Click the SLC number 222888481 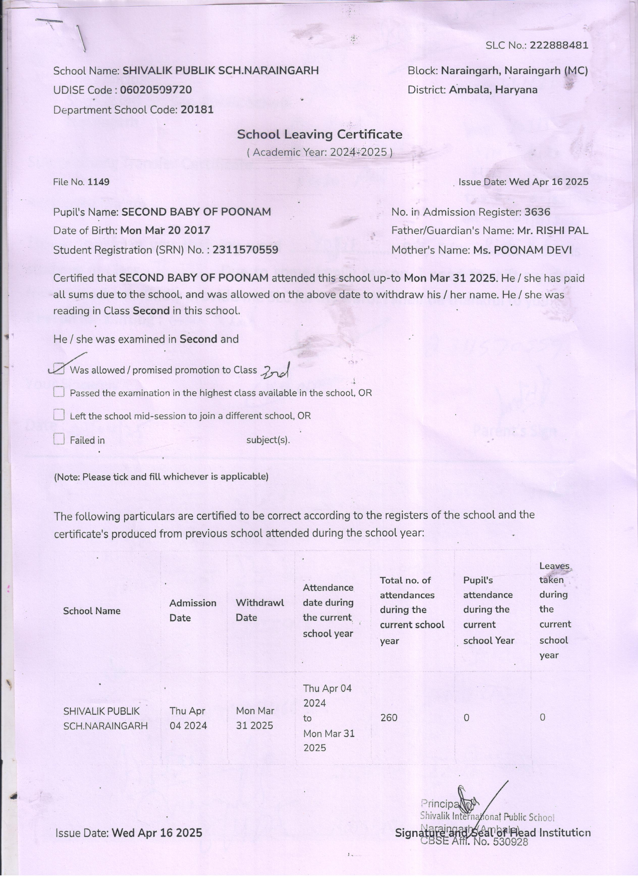[x=559, y=45]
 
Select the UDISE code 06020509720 [x=156, y=90]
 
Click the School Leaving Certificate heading [x=320, y=134]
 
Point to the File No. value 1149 [x=98, y=182]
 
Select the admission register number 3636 [x=537, y=212]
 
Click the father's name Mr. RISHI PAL [x=552, y=230]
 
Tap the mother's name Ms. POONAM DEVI [x=522, y=250]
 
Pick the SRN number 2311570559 [x=246, y=250]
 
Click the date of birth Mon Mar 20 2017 [x=165, y=230]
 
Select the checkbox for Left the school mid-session [x=59, y=415]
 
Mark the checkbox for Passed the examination [x=59, y=392]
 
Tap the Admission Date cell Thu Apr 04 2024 [x=188, y=718]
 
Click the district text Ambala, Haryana [x=493, y=90]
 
